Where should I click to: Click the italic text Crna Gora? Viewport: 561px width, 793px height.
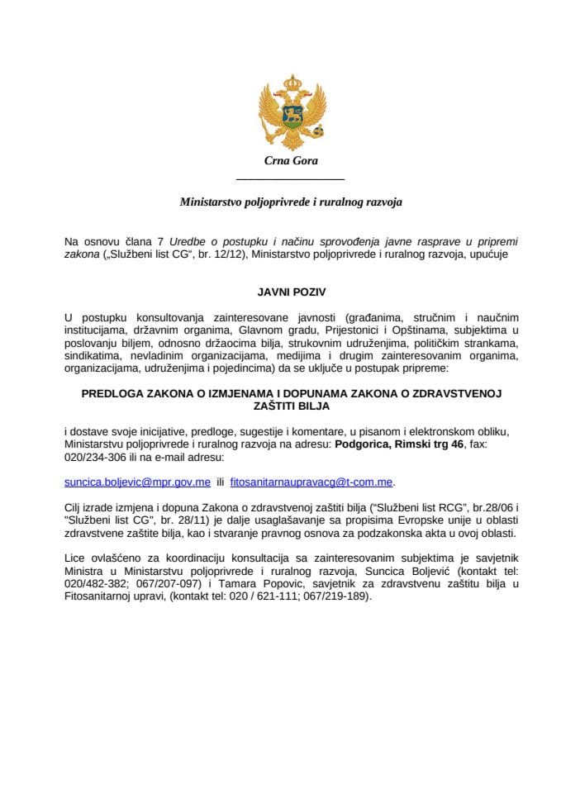click(x=290, y=161)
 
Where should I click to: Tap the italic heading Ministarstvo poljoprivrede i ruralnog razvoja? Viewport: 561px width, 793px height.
click(x=291, y=201)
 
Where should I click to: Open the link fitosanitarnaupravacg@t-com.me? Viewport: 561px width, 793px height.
click(x=301, y=481)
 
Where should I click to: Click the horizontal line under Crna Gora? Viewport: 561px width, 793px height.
click(x=290, y=179)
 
